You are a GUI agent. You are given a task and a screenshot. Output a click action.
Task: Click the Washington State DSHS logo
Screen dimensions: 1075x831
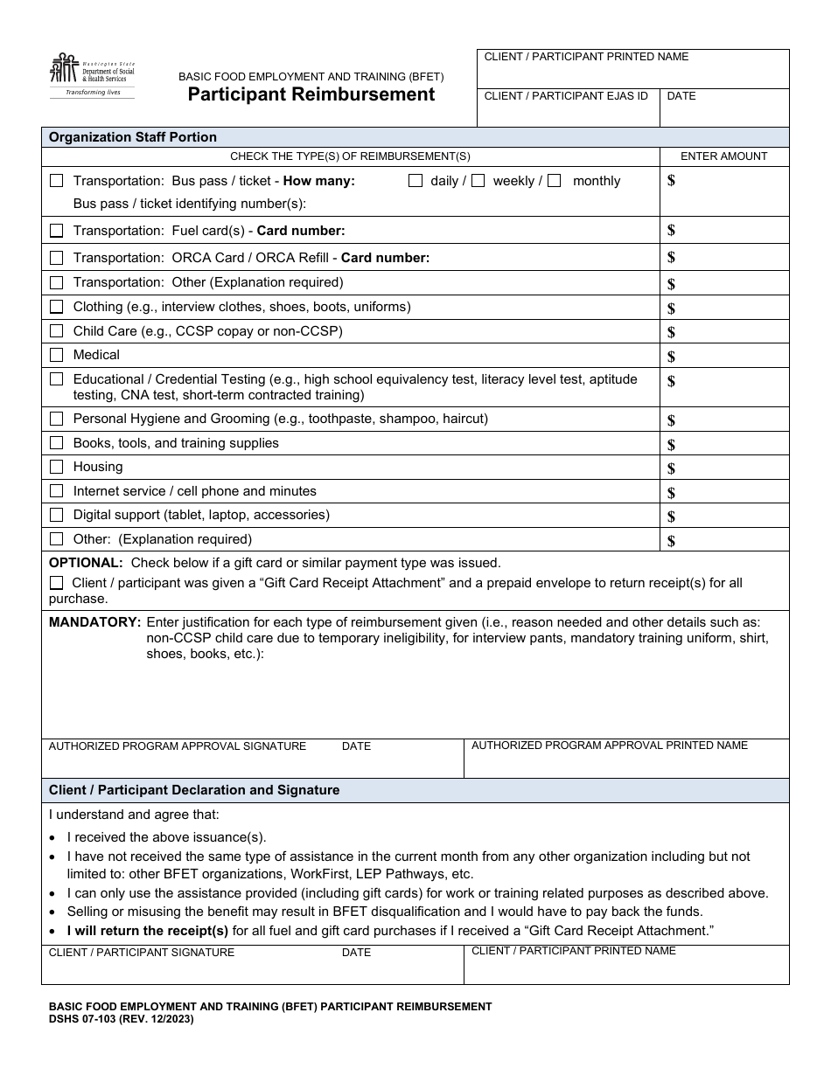coord(92,76)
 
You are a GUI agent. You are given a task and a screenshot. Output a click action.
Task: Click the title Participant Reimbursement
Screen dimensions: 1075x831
coord(311,95)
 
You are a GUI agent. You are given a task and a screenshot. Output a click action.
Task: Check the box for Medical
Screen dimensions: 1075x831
coord(57,356)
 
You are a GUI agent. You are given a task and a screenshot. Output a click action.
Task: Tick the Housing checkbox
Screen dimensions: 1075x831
coord(57,468)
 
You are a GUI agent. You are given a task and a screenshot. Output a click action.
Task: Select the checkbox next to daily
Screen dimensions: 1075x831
coord(415,181)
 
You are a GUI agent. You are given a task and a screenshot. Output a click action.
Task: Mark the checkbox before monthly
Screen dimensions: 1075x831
coord(554,181)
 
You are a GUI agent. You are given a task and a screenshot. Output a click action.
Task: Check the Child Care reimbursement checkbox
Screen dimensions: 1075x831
coord(57,331)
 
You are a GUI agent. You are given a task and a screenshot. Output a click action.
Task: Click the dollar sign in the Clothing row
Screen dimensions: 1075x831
coord(671,309)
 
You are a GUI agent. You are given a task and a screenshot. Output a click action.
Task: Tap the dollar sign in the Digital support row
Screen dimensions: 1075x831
coord(671,517)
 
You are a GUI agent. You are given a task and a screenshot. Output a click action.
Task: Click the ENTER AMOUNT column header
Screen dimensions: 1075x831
coord(723,156)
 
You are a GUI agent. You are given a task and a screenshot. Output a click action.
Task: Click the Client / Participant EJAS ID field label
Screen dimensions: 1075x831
coord(566,96)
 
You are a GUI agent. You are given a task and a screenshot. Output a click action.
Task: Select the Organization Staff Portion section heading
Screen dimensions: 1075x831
coord(133,137)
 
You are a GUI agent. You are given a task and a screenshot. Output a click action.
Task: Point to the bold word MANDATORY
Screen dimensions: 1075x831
coord(94,622)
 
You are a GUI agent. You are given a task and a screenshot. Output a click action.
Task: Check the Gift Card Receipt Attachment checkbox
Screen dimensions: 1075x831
coord(57,583)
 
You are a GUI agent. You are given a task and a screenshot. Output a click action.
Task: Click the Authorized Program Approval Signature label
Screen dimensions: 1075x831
coord(178,746)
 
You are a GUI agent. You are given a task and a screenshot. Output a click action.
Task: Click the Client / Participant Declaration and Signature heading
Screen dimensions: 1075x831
coord(194,790)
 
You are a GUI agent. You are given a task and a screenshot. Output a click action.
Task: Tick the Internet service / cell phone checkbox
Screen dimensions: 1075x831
coord(57,492)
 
